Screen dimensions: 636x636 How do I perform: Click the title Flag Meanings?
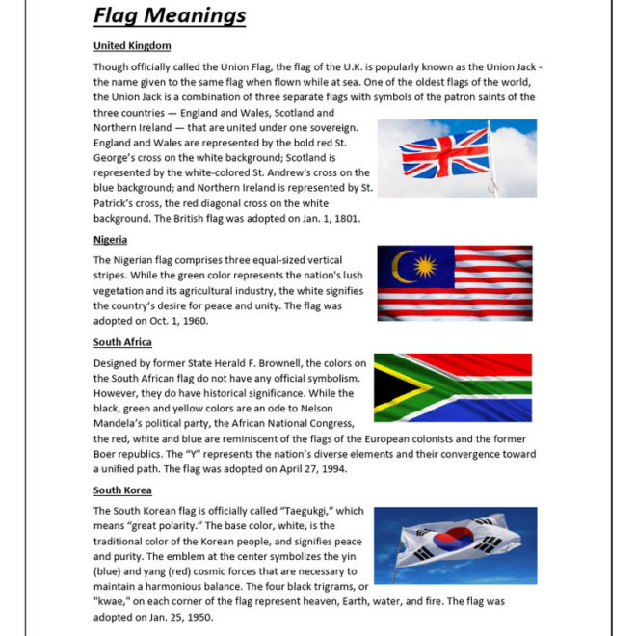click(170, 15)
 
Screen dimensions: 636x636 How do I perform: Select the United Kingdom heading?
click(132, 45)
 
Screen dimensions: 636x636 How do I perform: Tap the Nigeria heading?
click(110, 240)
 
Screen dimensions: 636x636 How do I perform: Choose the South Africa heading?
click(122, 342)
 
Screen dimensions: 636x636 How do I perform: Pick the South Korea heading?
click(122, 490)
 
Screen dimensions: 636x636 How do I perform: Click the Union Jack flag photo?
click(456, 158)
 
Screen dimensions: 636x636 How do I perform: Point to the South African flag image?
click(453, 393)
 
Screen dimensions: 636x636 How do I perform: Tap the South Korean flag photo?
click(455, 544)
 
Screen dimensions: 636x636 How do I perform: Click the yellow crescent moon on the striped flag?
click(402, 266)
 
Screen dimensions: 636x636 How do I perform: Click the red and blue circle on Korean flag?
click(453, 543)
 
